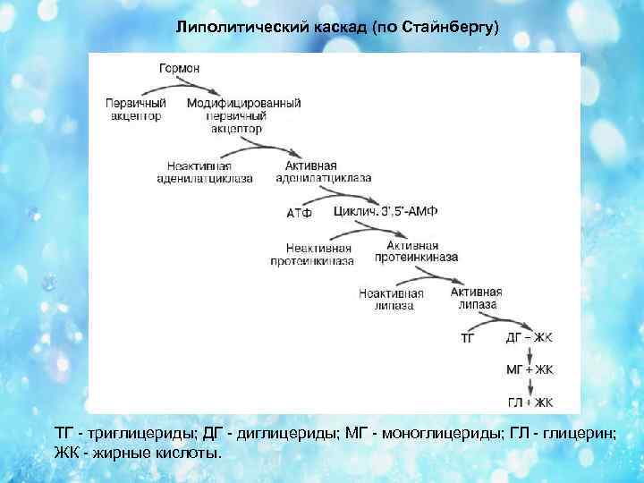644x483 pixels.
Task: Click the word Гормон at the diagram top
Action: tap(179, 69)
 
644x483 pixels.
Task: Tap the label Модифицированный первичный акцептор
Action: tap(243, 115)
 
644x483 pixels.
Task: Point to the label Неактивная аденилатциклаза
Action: tap(210, 172)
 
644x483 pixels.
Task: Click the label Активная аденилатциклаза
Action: tap(327, 172)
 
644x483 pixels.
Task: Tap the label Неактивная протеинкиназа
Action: tap(312, 254)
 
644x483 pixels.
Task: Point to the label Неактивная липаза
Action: tap(390, 298)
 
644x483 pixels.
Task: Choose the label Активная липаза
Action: tap(476, 298)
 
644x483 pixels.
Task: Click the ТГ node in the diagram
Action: tap(468, 338)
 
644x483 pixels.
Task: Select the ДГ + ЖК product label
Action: tap(530, 338)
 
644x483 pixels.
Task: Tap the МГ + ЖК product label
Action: tap(530, 369)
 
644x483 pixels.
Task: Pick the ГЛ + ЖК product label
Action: tap(530, 402)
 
